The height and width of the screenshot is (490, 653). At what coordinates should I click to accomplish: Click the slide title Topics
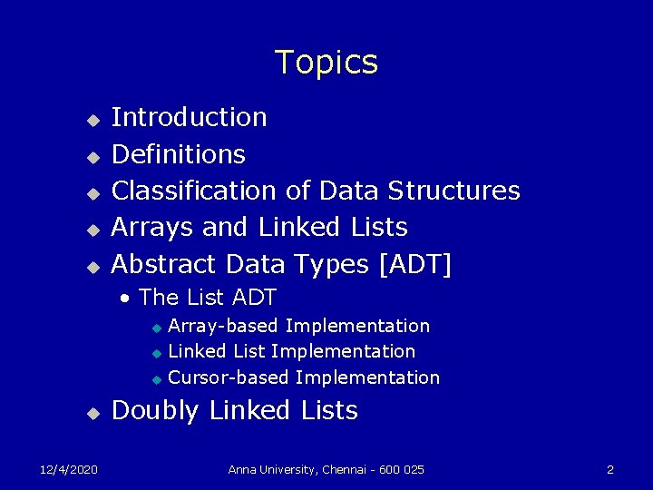(326, 63)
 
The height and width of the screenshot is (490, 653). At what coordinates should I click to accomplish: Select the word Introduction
(189, 117)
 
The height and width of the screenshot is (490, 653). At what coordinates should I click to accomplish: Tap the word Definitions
(178, 154)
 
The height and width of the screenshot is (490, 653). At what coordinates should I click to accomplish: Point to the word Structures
(453, 191)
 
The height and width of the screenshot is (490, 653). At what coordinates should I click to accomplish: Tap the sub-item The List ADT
(207, 297)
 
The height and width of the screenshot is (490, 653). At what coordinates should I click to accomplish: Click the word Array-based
(224, 326)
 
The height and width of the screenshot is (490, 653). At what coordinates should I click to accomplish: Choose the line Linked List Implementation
(292, 351)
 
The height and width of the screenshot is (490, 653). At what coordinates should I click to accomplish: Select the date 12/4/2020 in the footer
(69, 469)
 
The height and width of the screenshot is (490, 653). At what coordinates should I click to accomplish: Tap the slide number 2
(610, 469)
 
